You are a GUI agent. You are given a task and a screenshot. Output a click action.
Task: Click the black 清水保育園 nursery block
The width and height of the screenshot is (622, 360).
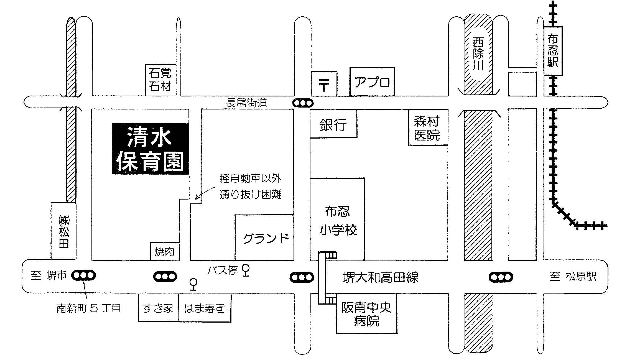click(151, 149)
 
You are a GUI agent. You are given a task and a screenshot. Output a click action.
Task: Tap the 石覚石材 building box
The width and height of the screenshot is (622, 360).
click(161, 80)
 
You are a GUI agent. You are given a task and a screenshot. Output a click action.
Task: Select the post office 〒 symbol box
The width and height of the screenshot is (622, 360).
click(324, 84)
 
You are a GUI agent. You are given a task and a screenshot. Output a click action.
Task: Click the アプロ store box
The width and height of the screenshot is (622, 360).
click(372, 81)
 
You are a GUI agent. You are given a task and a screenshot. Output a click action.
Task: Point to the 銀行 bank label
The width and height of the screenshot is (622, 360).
click(333, 125)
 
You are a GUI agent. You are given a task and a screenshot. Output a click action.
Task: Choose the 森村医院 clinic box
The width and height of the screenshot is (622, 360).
click(428, 127)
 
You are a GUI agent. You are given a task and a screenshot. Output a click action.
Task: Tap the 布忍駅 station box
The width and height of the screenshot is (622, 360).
click(553, 51)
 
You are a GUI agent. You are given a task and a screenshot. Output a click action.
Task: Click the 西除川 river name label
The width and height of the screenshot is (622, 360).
click(478, 54)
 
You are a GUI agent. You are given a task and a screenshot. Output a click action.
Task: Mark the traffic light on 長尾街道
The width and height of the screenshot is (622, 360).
click(303, 103)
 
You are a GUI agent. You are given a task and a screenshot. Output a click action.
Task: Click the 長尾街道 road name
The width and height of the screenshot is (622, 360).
click(246, 103)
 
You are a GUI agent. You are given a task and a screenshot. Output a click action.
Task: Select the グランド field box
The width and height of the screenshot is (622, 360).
click(264, 237)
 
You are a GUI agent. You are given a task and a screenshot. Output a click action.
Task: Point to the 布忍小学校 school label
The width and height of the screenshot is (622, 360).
click(338, 221)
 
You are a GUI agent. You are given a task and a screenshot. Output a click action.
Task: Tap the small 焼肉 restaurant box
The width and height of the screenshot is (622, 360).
click(165, 251)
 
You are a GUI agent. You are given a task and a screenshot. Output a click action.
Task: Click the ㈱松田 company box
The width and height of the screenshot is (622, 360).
click(63, 231)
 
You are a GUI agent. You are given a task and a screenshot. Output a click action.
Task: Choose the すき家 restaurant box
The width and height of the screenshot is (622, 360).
click(158, 308)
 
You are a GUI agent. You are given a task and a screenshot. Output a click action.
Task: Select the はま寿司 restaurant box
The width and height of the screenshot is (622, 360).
click(205, 308)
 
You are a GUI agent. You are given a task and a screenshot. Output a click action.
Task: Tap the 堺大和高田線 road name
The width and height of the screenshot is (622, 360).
click(381, 277)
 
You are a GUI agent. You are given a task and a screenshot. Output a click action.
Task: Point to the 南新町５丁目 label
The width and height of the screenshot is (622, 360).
click(89, 308)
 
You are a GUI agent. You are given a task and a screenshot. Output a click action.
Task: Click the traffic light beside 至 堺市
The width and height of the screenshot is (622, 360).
click(84, 275)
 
